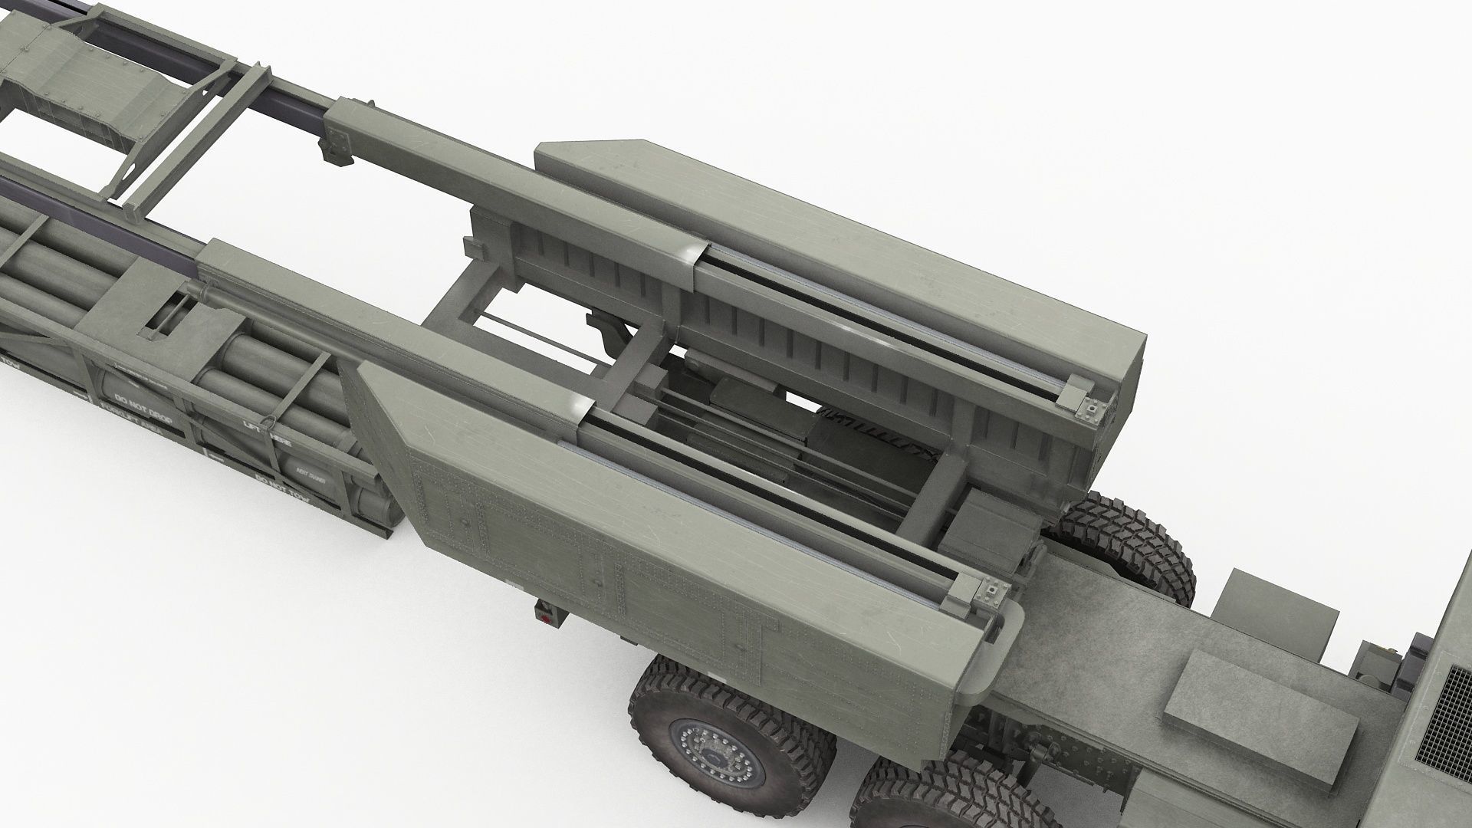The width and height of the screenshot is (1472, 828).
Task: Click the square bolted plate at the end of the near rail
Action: click(x=994, y=589)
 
